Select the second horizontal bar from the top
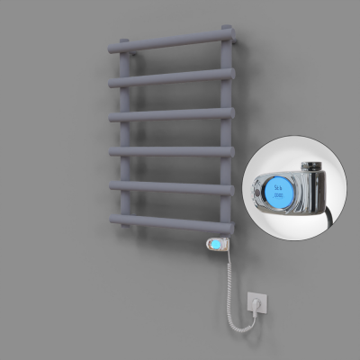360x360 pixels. click(x=171, y=78)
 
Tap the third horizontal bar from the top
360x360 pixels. click(x=171, y=115)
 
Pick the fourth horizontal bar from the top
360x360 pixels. click(x=171, y=152)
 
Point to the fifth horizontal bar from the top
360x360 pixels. click(x=171, y=187)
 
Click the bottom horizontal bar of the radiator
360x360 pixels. click(x=171, y=221)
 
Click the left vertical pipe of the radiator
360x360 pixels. click(x=126, y=135)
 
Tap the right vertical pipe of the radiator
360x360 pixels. click(x=225, y=135)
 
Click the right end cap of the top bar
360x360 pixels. click(x=234, y=37)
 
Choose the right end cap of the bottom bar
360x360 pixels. click(x=232, y=225)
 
